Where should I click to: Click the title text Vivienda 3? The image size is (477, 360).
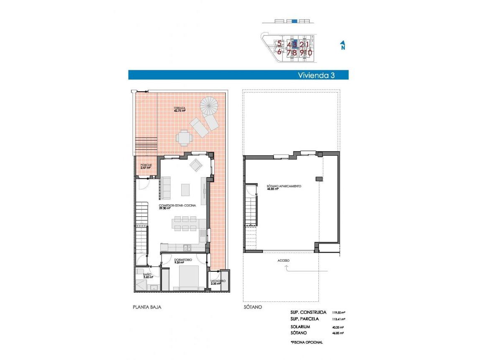(x=316, y=75)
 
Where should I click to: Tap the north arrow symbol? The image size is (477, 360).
(x=343, y=45)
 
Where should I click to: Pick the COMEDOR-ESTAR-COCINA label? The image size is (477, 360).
(x=176, y=206)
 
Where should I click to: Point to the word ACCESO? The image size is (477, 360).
(x=283, y=260)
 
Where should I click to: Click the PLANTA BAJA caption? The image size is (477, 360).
(x=147, y=307)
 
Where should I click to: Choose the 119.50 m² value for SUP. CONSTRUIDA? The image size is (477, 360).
(x=339, y=312)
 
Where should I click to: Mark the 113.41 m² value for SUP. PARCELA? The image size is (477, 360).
(x=339, y=319)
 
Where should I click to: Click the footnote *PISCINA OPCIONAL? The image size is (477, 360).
(x=306, y=342)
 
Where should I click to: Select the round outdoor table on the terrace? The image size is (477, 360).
(x=184, y=137)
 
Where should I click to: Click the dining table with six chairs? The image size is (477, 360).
(x=184, y=223)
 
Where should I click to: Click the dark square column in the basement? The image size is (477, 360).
(x=319, y=179)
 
